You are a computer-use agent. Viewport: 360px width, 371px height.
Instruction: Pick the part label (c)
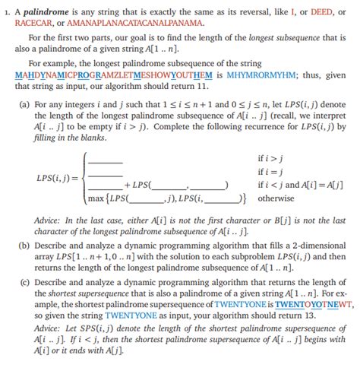click(x=23, y=284)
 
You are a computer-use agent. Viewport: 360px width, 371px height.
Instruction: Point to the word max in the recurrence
click(x=96, y=199)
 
